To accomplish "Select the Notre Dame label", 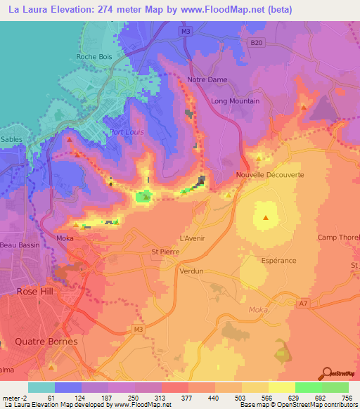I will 207,79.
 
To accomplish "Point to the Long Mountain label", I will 236,101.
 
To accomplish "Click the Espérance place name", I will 277,260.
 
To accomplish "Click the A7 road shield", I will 302,304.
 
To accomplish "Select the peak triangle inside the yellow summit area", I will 266,217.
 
